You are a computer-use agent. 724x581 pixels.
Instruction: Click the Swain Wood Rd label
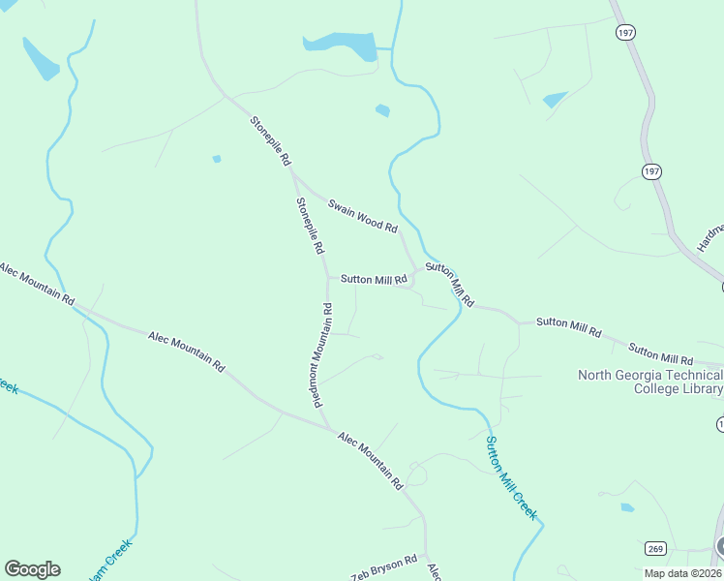362,216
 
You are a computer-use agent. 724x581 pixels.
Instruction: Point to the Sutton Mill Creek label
510,478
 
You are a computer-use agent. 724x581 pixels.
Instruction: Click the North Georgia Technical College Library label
649,382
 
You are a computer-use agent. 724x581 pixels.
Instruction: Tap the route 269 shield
655,549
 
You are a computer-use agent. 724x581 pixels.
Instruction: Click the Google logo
32,569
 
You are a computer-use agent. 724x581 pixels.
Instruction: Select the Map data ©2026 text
682,572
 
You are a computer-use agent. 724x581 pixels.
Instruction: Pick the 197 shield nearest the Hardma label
651,170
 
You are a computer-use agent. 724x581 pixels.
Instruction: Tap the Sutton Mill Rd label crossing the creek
450,284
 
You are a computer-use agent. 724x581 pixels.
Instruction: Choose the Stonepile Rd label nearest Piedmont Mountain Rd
310,226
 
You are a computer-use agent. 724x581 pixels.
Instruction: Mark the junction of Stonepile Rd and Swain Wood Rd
293,175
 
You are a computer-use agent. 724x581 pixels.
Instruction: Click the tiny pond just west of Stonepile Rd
216,159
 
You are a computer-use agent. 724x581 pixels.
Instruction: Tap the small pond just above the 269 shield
627,507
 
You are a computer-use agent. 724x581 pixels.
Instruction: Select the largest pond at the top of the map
340,45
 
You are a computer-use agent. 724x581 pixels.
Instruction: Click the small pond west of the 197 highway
555,99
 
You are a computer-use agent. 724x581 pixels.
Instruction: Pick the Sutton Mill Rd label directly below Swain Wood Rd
373,280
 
